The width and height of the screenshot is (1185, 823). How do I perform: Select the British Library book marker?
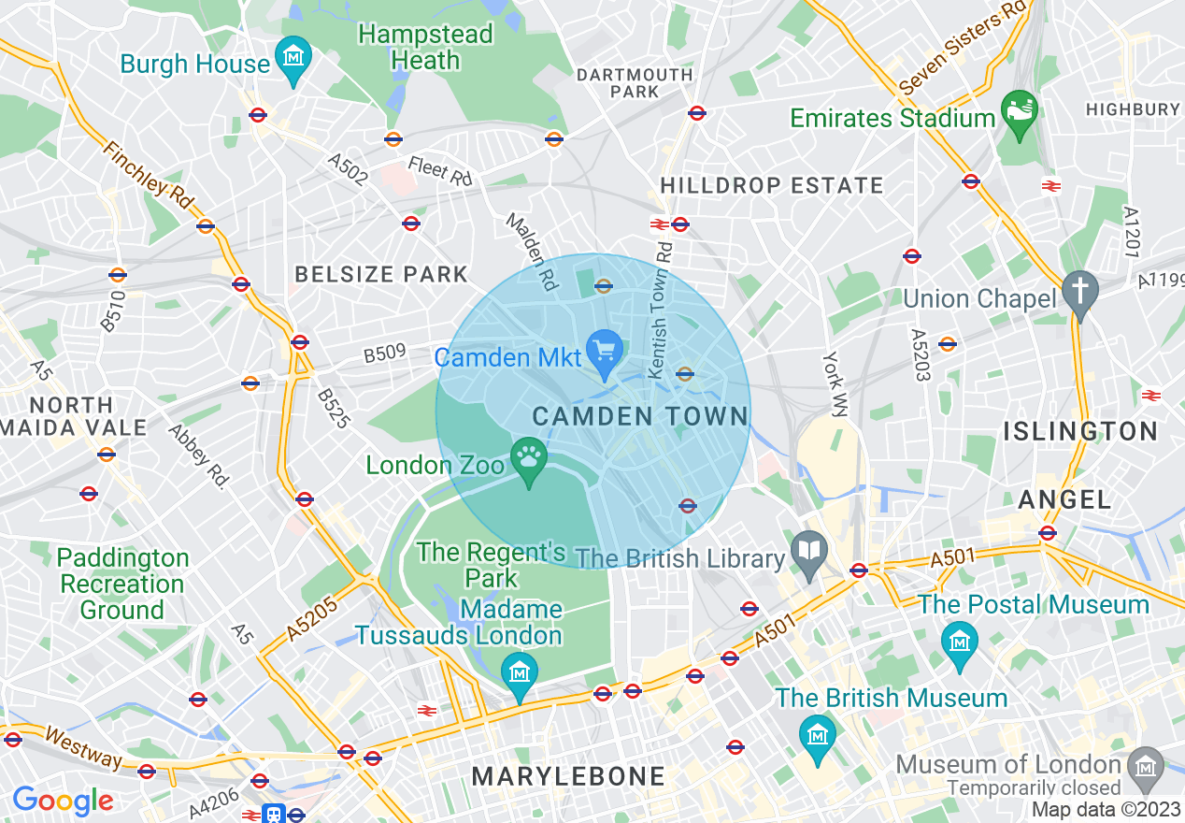pos(807,551)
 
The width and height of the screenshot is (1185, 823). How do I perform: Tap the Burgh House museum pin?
pos(294,56)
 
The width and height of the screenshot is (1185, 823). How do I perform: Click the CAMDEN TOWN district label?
pos(640,417)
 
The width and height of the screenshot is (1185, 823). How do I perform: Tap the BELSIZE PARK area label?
pos(381,274)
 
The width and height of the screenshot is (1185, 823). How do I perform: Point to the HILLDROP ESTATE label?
pos(771,186)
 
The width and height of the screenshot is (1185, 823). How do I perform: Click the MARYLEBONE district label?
pos(568,776)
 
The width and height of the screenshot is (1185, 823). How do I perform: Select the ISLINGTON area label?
pos(1080,431)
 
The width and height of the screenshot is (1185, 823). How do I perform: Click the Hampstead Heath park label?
pos(425,48)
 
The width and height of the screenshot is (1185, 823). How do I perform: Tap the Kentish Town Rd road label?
pos(660,312)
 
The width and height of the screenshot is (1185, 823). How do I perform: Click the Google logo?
pos(63,801)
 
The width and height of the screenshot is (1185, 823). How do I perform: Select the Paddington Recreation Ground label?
pos(121,584)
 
